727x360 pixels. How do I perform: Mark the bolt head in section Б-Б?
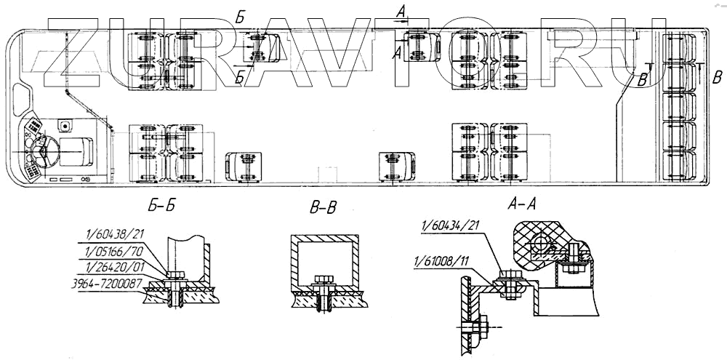[x=175, y=275]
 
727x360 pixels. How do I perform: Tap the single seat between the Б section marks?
[x=262, y=49]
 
